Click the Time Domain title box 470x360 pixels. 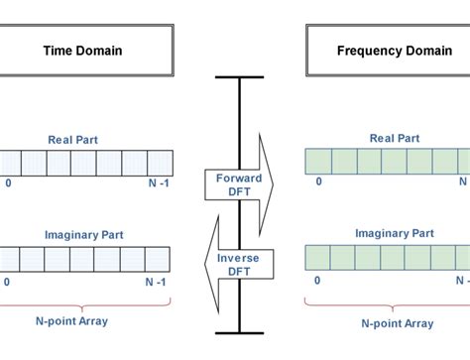click(x=83, y=51)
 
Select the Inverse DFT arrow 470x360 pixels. click(x=236, y=264)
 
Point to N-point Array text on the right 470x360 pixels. click(x=394, y=324)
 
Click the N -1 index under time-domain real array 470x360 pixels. click(x=159, y=183)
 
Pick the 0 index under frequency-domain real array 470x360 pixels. click(x=317, y=182)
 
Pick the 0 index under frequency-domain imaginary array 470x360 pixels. click(x=317, y=280)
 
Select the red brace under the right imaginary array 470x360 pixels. click(x=392, y=303)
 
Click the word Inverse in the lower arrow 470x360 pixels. click(x=239, y=258)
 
